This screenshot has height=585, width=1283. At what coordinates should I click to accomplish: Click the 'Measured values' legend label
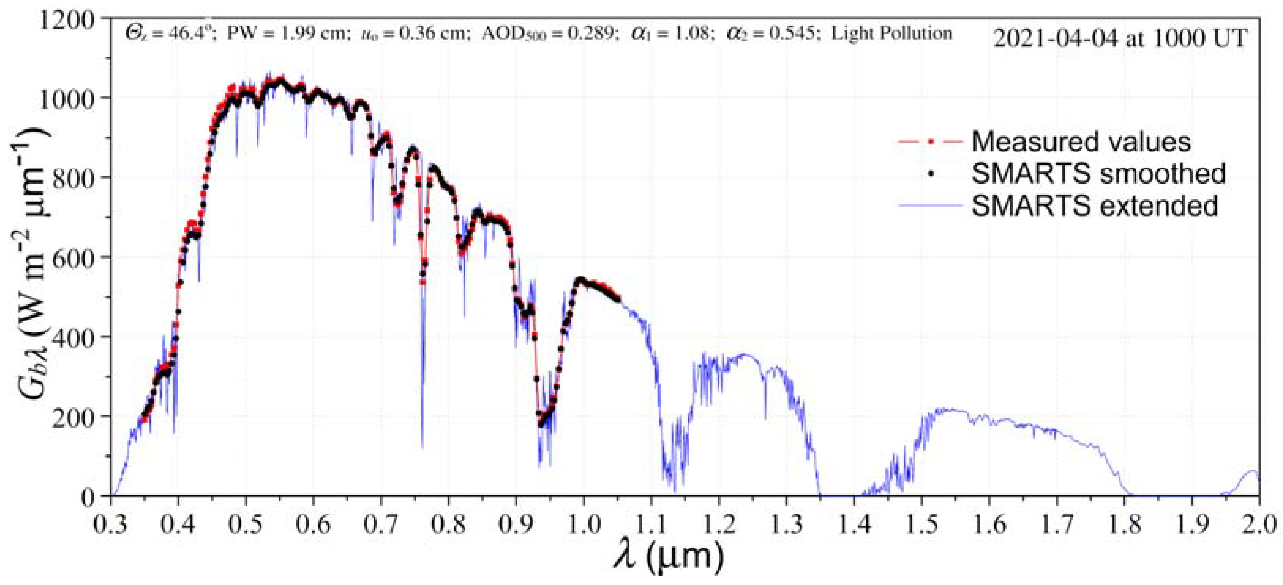[1081, 141]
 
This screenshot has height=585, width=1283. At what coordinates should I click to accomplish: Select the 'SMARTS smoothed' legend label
[1099, 174]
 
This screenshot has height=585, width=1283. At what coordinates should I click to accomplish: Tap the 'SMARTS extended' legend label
[1095, 206]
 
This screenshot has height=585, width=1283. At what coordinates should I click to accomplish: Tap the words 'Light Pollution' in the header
[892, 34]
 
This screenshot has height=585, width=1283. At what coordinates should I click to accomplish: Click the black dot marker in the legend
[930, 174]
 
